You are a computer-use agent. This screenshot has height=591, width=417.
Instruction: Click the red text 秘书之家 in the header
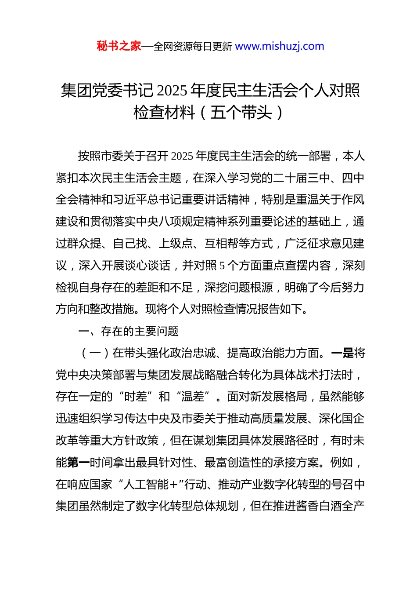pyautogui.click(x=119, y=46)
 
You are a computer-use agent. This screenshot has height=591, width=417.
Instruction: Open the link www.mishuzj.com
pyautogui.click(x=280, y=46)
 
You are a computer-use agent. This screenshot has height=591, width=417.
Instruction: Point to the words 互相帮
pyautogui.click(x=221, y=244)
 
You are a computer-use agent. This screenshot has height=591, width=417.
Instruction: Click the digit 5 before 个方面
pyautogui.click(x=222, y=266)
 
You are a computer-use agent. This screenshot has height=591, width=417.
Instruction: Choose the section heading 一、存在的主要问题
pyautogui.click(x=129, y=331)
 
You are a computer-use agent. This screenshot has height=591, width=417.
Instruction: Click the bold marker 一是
pyautogui.click(x=342, y=353)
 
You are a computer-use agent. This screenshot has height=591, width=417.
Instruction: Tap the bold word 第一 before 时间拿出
pyautogui.click(x=79, y=463)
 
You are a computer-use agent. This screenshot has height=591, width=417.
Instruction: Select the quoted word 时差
pyautogui.click(x=135, y=397)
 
